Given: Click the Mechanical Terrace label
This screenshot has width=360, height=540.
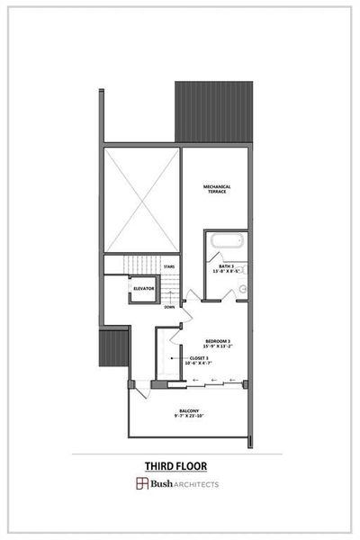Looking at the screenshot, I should [217, 188].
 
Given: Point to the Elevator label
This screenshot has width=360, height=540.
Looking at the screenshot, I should [144, 288].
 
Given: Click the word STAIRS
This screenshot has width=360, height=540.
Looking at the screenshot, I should [168, 266].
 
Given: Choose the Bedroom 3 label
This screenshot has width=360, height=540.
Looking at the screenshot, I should [219, 340].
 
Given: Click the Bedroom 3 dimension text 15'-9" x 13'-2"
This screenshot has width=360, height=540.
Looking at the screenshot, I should [219, 346].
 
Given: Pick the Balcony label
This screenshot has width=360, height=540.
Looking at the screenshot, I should [189, 410].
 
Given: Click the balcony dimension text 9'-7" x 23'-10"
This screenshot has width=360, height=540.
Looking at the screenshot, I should [189, 417].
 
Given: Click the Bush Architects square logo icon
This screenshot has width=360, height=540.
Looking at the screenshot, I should [142, 484].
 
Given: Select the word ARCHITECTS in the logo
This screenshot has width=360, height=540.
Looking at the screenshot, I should [195, 484].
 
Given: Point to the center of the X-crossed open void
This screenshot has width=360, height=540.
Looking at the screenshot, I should [142, 200].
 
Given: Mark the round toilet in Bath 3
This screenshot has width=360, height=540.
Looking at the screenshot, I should [242, 289].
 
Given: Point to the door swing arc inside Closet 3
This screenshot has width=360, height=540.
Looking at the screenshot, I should [171, 369].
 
